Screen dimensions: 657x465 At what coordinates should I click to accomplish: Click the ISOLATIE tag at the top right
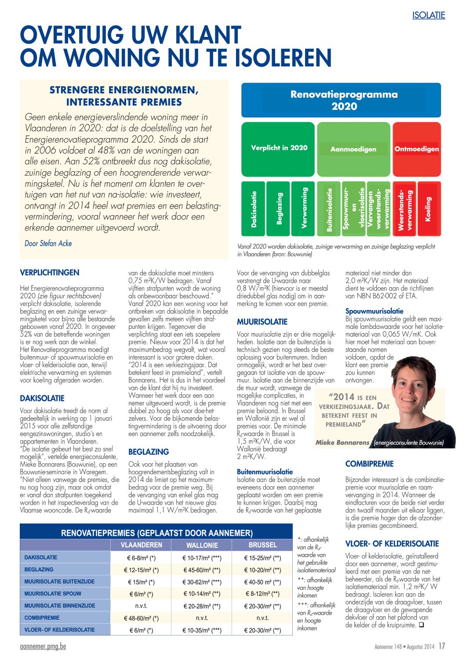pos(429,15)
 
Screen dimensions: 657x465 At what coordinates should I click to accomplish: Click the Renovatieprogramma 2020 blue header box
pos(341,100)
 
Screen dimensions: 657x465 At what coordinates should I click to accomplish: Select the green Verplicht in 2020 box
pos(279,148)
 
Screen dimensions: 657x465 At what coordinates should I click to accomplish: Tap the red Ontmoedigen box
pos(416,149)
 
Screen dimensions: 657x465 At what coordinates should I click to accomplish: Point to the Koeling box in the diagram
pos(428,209)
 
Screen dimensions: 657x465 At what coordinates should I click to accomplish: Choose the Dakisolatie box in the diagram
pos(254,209)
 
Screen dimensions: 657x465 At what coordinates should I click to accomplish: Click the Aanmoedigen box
pos(353,149)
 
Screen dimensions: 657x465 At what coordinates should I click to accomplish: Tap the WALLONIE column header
pos(202,545)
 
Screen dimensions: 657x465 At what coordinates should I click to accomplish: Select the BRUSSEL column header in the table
pos(262,545)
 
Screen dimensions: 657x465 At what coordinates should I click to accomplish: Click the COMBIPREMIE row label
pos(42,617)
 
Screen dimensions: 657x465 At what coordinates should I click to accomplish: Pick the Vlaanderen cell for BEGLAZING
pos(141,570)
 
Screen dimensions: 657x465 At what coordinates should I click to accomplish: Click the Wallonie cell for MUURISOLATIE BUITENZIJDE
pos(202,582)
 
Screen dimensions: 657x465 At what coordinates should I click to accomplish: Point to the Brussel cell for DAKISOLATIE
pos(262,558)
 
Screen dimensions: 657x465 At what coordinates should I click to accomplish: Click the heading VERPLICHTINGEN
pos(50,273)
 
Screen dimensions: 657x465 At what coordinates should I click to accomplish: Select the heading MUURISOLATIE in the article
pos(262,322)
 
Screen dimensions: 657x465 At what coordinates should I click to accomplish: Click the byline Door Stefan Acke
pos(48,243)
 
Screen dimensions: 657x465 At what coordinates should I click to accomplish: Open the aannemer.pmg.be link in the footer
pos(43,646)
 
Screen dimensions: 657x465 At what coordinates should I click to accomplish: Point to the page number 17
pos(442,646)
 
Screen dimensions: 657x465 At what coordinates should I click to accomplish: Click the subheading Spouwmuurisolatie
pos(374,311)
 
